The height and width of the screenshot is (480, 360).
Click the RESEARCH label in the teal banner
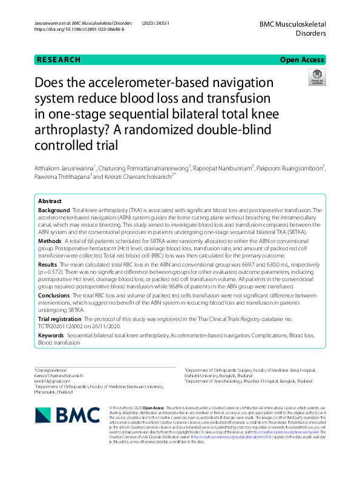click(x=59, y=59)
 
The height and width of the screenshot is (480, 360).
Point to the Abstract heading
click(x=50, y=201)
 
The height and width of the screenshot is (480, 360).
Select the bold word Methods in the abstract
click(x=50, y=240)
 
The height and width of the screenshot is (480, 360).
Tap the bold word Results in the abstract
click(x=48, y=264)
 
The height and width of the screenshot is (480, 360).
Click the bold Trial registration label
click(x=62, y=318)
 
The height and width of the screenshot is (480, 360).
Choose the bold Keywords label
click(x=51, y=334)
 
